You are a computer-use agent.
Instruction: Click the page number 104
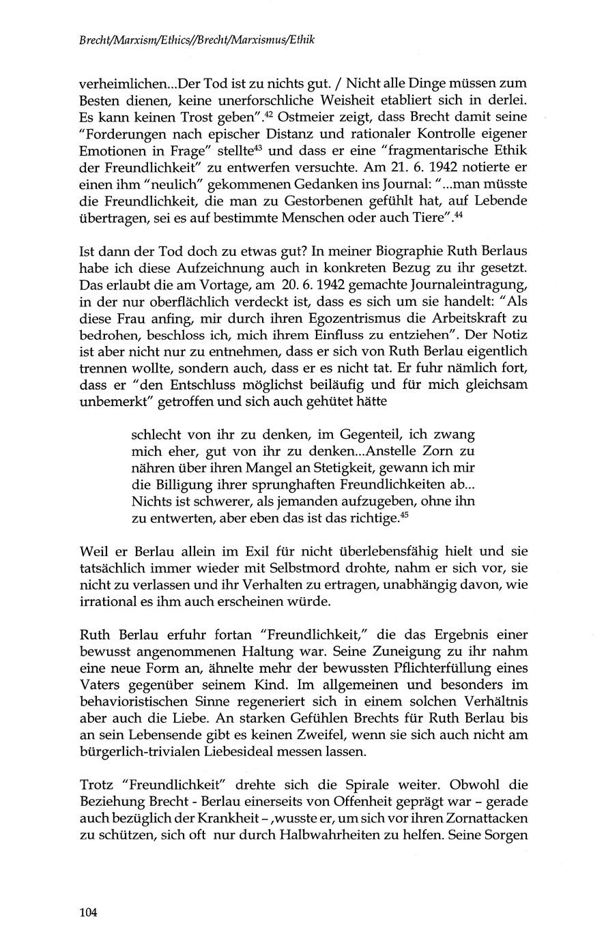pyautogui.click(x=89, y=912)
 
